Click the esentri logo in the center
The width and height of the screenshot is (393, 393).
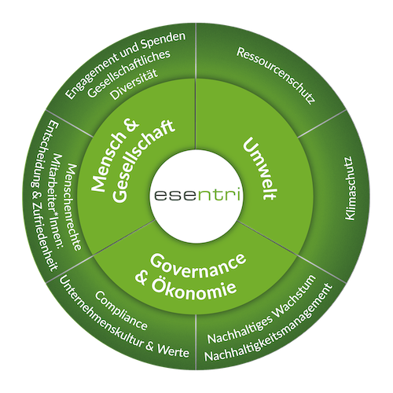[x=197, y=195]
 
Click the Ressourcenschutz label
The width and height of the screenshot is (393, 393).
[x=276, y=75]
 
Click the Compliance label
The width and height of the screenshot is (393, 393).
[x=121, y=310]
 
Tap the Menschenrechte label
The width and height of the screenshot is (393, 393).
[x=74, y=208]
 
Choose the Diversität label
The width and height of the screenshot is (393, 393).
[x=134, y=84]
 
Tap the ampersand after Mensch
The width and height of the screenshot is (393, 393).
[x=132, y=127]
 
